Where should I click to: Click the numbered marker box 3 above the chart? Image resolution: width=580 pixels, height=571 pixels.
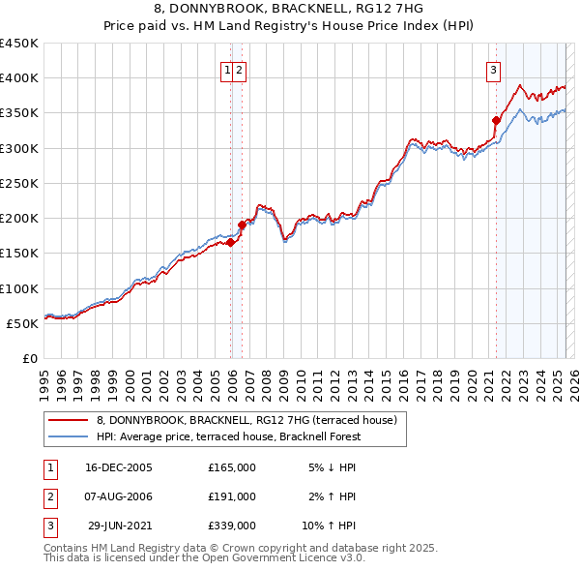pos(493,69)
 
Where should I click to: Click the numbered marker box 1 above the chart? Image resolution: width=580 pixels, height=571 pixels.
pos(227,69)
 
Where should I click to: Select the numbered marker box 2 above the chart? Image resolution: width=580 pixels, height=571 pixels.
pos(238,69)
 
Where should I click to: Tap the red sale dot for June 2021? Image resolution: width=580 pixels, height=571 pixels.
pos(496,121)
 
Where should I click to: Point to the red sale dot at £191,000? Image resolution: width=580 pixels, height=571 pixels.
pos(242,225)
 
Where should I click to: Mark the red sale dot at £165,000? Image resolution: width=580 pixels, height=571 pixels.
pos(231,243)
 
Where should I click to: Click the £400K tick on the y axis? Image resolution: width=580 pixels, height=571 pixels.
pos(19,78)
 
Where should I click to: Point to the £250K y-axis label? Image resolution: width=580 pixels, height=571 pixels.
pos(19,184)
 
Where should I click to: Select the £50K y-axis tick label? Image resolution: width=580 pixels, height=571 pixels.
pos(23,323)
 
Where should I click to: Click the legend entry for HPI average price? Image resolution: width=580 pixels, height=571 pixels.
pos(228,436)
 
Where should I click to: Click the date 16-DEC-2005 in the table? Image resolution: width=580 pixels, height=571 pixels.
pos(119,467)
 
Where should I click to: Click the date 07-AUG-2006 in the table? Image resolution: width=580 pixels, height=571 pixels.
pos(119,496)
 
